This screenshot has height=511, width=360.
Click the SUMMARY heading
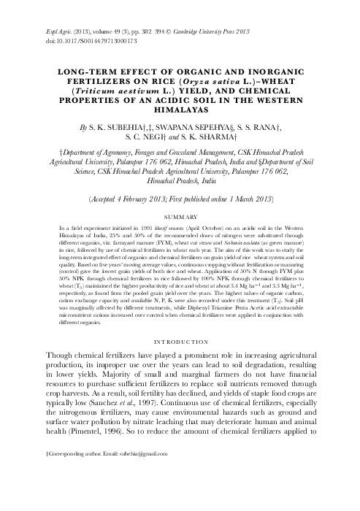pyautogui.click(x=180, y=197)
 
